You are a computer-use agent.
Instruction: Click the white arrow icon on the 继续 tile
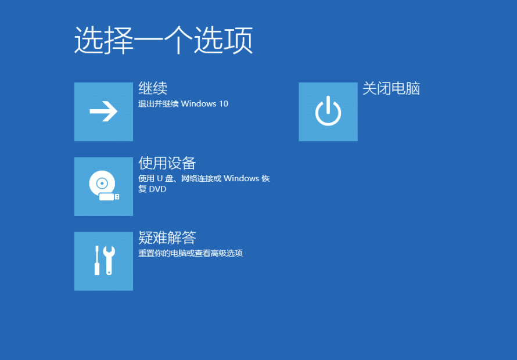[x=103, y=111]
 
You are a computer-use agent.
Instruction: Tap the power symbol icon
[x=328, y=111]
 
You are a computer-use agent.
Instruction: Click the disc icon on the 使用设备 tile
[x=100, y=183]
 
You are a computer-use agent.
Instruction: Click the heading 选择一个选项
[x=163, y=40]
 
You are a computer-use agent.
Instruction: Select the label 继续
[x=153, y=88]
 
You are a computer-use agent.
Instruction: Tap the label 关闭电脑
[x=391, y=88]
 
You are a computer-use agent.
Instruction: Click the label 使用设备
[x=167, y=163]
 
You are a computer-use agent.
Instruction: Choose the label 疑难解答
[x=167, y=237]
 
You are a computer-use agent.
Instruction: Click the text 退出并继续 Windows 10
[x=183, y=104]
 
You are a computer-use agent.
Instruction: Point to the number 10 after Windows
[x=223, y=104]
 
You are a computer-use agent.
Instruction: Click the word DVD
[x=158, y=189]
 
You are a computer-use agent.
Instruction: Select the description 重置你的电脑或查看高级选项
[x=191, y=253]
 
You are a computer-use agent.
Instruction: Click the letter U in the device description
[x=159, y=179]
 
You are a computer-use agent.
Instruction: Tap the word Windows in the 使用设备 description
[x=241, y=179]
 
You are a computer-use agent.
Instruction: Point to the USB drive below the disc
[x=109, y=197]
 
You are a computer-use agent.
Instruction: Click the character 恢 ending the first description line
[x=265, y=179]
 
